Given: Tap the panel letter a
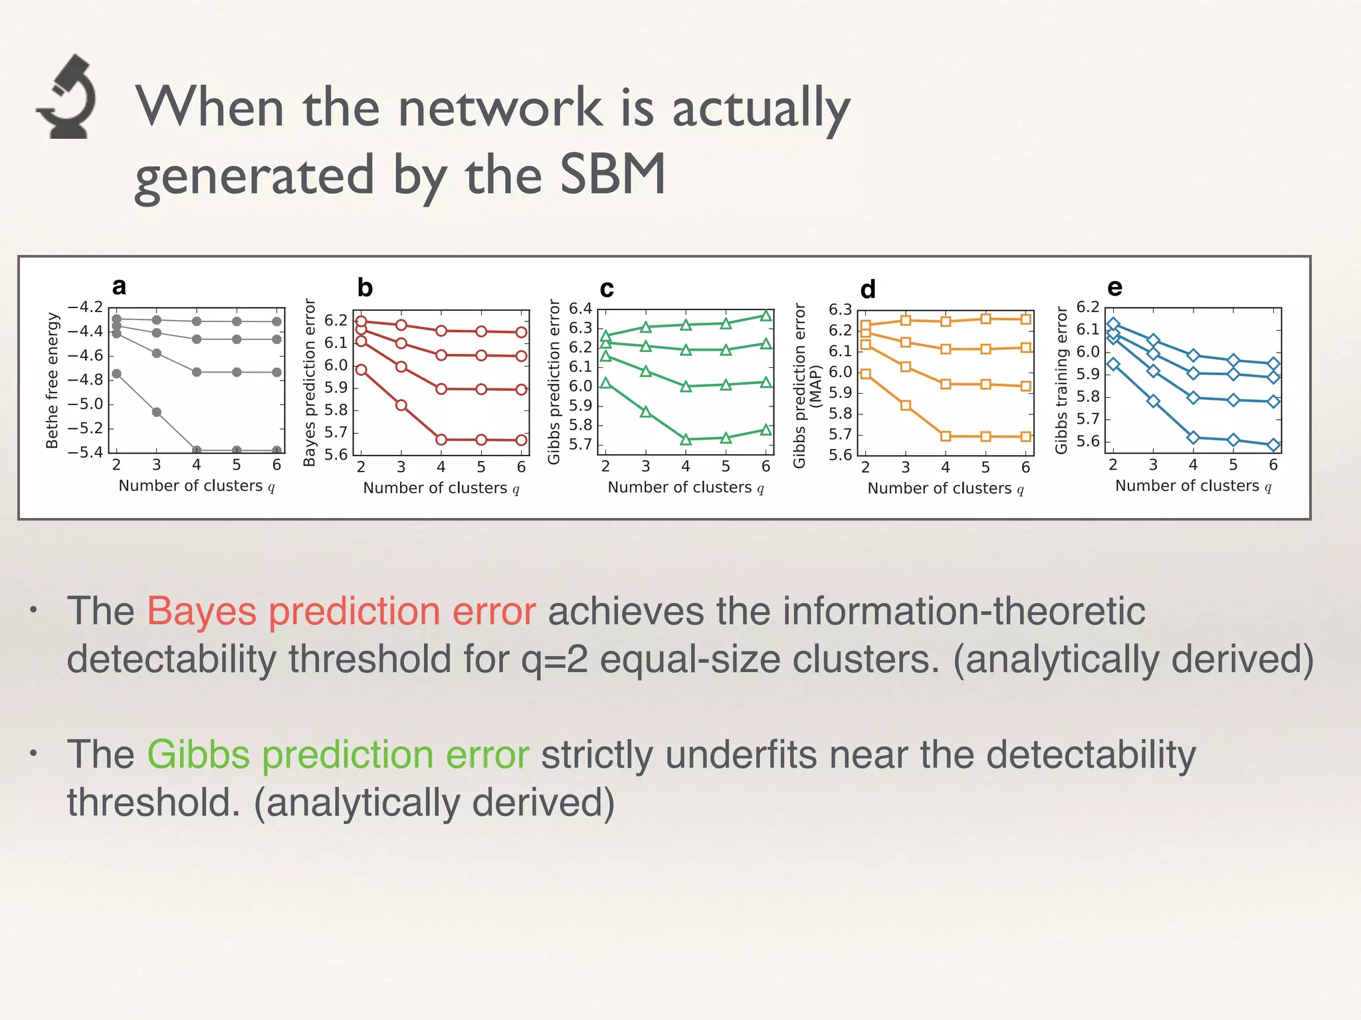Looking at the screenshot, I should click(x=119, y=286).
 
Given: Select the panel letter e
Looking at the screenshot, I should click(x=1114, y=287).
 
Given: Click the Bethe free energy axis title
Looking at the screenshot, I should click(x=52, y=381).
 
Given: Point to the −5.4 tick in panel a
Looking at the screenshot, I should click(x=86, y=452).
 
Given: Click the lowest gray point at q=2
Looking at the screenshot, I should click(x=116, y=374).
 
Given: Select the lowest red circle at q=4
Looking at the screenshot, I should click(x=441, y=440).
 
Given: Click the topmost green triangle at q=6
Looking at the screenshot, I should click(x=766, y=316).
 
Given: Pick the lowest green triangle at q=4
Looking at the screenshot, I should click(x=686, y=439).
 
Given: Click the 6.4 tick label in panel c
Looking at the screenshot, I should click(x=579, y=309).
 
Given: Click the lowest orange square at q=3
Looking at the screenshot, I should click(x=905, y=405).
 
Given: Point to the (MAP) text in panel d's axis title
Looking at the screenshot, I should click(x=817, y=386).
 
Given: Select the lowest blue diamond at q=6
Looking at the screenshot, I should click(x=1273, y=445).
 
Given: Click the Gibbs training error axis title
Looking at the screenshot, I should click(x=1061, y=381).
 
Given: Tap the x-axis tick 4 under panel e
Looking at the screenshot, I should click(x=1193, y=465).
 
